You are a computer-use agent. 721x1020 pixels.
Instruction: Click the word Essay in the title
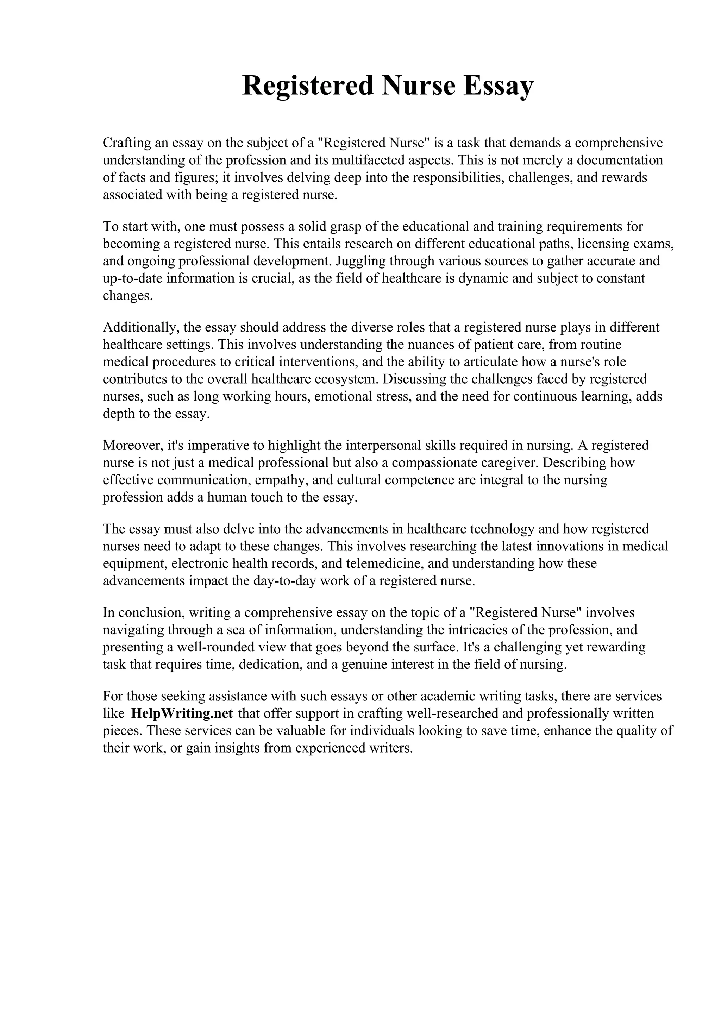pyautogui.click(x=497, y=86)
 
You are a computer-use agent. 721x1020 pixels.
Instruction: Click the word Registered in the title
pyautogui.click(x=307, y=86)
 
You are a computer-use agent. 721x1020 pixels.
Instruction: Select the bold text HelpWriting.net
pyautogui.click(x=182, y=713)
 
